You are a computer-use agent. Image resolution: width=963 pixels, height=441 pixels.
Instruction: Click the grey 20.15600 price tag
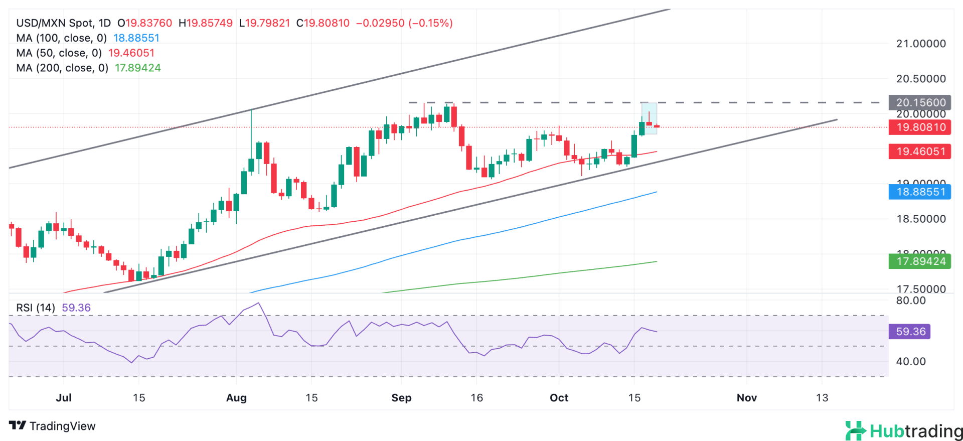(919, 102)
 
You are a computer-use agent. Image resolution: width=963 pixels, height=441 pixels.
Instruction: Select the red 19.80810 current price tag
(919, 127)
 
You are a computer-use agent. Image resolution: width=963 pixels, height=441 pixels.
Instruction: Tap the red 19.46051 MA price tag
(919, 152)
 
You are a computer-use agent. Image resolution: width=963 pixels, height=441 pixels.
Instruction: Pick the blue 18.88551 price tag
(919, 192)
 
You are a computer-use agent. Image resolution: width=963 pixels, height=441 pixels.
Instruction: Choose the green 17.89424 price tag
(919, 261)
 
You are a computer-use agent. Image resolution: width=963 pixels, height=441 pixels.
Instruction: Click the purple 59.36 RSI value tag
(909, 332)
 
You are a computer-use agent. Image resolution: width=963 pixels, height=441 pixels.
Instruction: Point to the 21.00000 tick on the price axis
(921, 44)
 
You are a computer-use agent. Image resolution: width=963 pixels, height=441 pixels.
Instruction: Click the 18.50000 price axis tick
(921, 219)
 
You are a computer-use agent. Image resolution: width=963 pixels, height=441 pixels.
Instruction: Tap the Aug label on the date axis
(236, 398)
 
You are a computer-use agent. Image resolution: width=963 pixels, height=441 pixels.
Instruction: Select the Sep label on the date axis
(401, 398)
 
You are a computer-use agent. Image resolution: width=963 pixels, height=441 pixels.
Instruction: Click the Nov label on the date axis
(746, 398)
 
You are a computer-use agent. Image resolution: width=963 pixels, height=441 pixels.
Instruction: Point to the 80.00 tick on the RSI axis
(911, 301)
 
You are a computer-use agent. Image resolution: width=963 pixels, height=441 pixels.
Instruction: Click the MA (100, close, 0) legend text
(62, 38)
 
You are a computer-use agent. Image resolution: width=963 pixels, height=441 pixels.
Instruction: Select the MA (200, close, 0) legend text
(62, 68)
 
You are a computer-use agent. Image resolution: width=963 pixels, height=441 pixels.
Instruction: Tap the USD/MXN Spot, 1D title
(63, 23)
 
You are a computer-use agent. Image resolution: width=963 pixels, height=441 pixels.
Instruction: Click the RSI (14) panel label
(36, 308)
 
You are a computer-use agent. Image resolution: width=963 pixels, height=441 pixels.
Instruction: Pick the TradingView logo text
(52, 426)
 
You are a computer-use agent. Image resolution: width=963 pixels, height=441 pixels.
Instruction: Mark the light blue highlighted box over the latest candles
(649, 118)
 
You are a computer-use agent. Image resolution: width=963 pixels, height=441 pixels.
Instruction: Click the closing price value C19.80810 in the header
(323, 23)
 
